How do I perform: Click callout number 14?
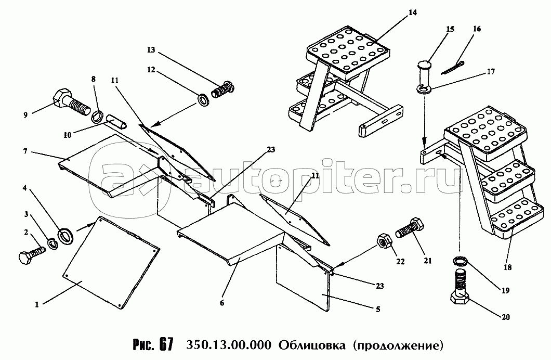click(413, 12)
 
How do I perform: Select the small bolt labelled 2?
click(31, 255)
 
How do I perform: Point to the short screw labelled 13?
click(222, 89)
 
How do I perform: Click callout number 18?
click(507, 267)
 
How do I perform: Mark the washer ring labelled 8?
click(97, 116)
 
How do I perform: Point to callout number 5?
click(378, 310)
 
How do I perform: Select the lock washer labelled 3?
click(53, 243)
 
